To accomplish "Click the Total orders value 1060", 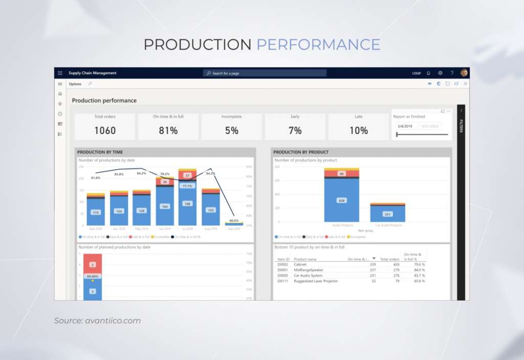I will (105, 131).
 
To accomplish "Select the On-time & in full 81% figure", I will (168, 131).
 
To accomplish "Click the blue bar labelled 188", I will (188, 203).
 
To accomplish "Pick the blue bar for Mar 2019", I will (96, 212).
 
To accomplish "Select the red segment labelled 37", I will (188, 176).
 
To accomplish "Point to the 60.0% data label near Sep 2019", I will (234, 220).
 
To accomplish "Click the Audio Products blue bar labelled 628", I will (341, 200).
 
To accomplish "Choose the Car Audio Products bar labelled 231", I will (387, 214).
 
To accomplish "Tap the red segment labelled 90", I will (341, 174).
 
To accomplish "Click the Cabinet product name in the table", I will (300, 264).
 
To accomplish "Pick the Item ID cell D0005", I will (283, 276).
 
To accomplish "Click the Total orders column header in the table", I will (389, 259).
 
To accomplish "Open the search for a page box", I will (265, 73).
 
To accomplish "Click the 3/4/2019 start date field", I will (406, 126).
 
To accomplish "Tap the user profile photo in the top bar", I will (464, 73).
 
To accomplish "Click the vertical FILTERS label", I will (461, 126).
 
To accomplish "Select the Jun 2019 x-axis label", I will (165, 228).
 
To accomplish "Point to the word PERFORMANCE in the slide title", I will (318, 45).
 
